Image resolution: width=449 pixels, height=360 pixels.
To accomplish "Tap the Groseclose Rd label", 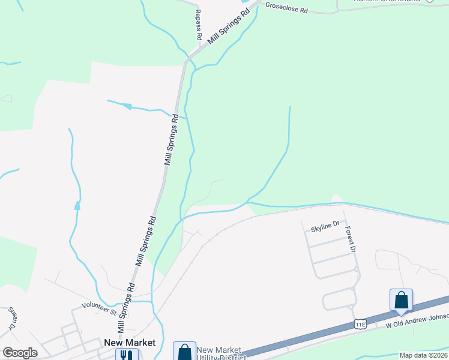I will [x=287, y=10].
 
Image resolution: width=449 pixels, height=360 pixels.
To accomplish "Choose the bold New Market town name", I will [x=130, y=343].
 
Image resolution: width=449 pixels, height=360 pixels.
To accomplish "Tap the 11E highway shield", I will [x=360, y=324].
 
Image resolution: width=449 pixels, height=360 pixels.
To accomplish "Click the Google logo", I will [x=20, y=353].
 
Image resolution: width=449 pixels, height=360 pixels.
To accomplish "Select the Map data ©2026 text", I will [x=423, y=355].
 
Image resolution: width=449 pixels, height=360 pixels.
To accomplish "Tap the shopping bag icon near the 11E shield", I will [x=401, y=299].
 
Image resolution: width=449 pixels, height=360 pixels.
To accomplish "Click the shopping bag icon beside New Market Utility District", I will [x=184, y=351].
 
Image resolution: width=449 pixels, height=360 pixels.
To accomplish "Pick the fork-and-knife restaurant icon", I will [x=127, y=355].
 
